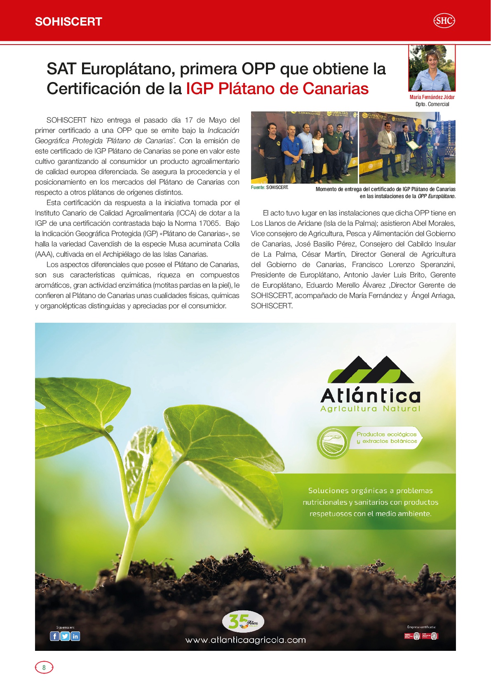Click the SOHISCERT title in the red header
(x=68, y=22)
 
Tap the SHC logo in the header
(x=444, y=21)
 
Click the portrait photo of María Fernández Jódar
(x=432, y=68)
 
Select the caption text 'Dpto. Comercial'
(x=432, y=104)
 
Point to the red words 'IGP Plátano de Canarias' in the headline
(x=277, y=89)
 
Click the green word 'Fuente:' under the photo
(x=258, y=187)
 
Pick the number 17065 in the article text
(x=209, y=223)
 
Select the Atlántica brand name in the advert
(x=370, y=395)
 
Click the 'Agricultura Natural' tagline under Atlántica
(x=370, y=409)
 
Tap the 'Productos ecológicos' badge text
(x=386, y=434)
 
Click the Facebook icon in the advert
(x=54, y=636)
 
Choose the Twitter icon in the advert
(x=65, y=636)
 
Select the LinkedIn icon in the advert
(x=75, y=636)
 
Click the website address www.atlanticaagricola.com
(x=245, y=640)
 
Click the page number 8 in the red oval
(x=44, y=667)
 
